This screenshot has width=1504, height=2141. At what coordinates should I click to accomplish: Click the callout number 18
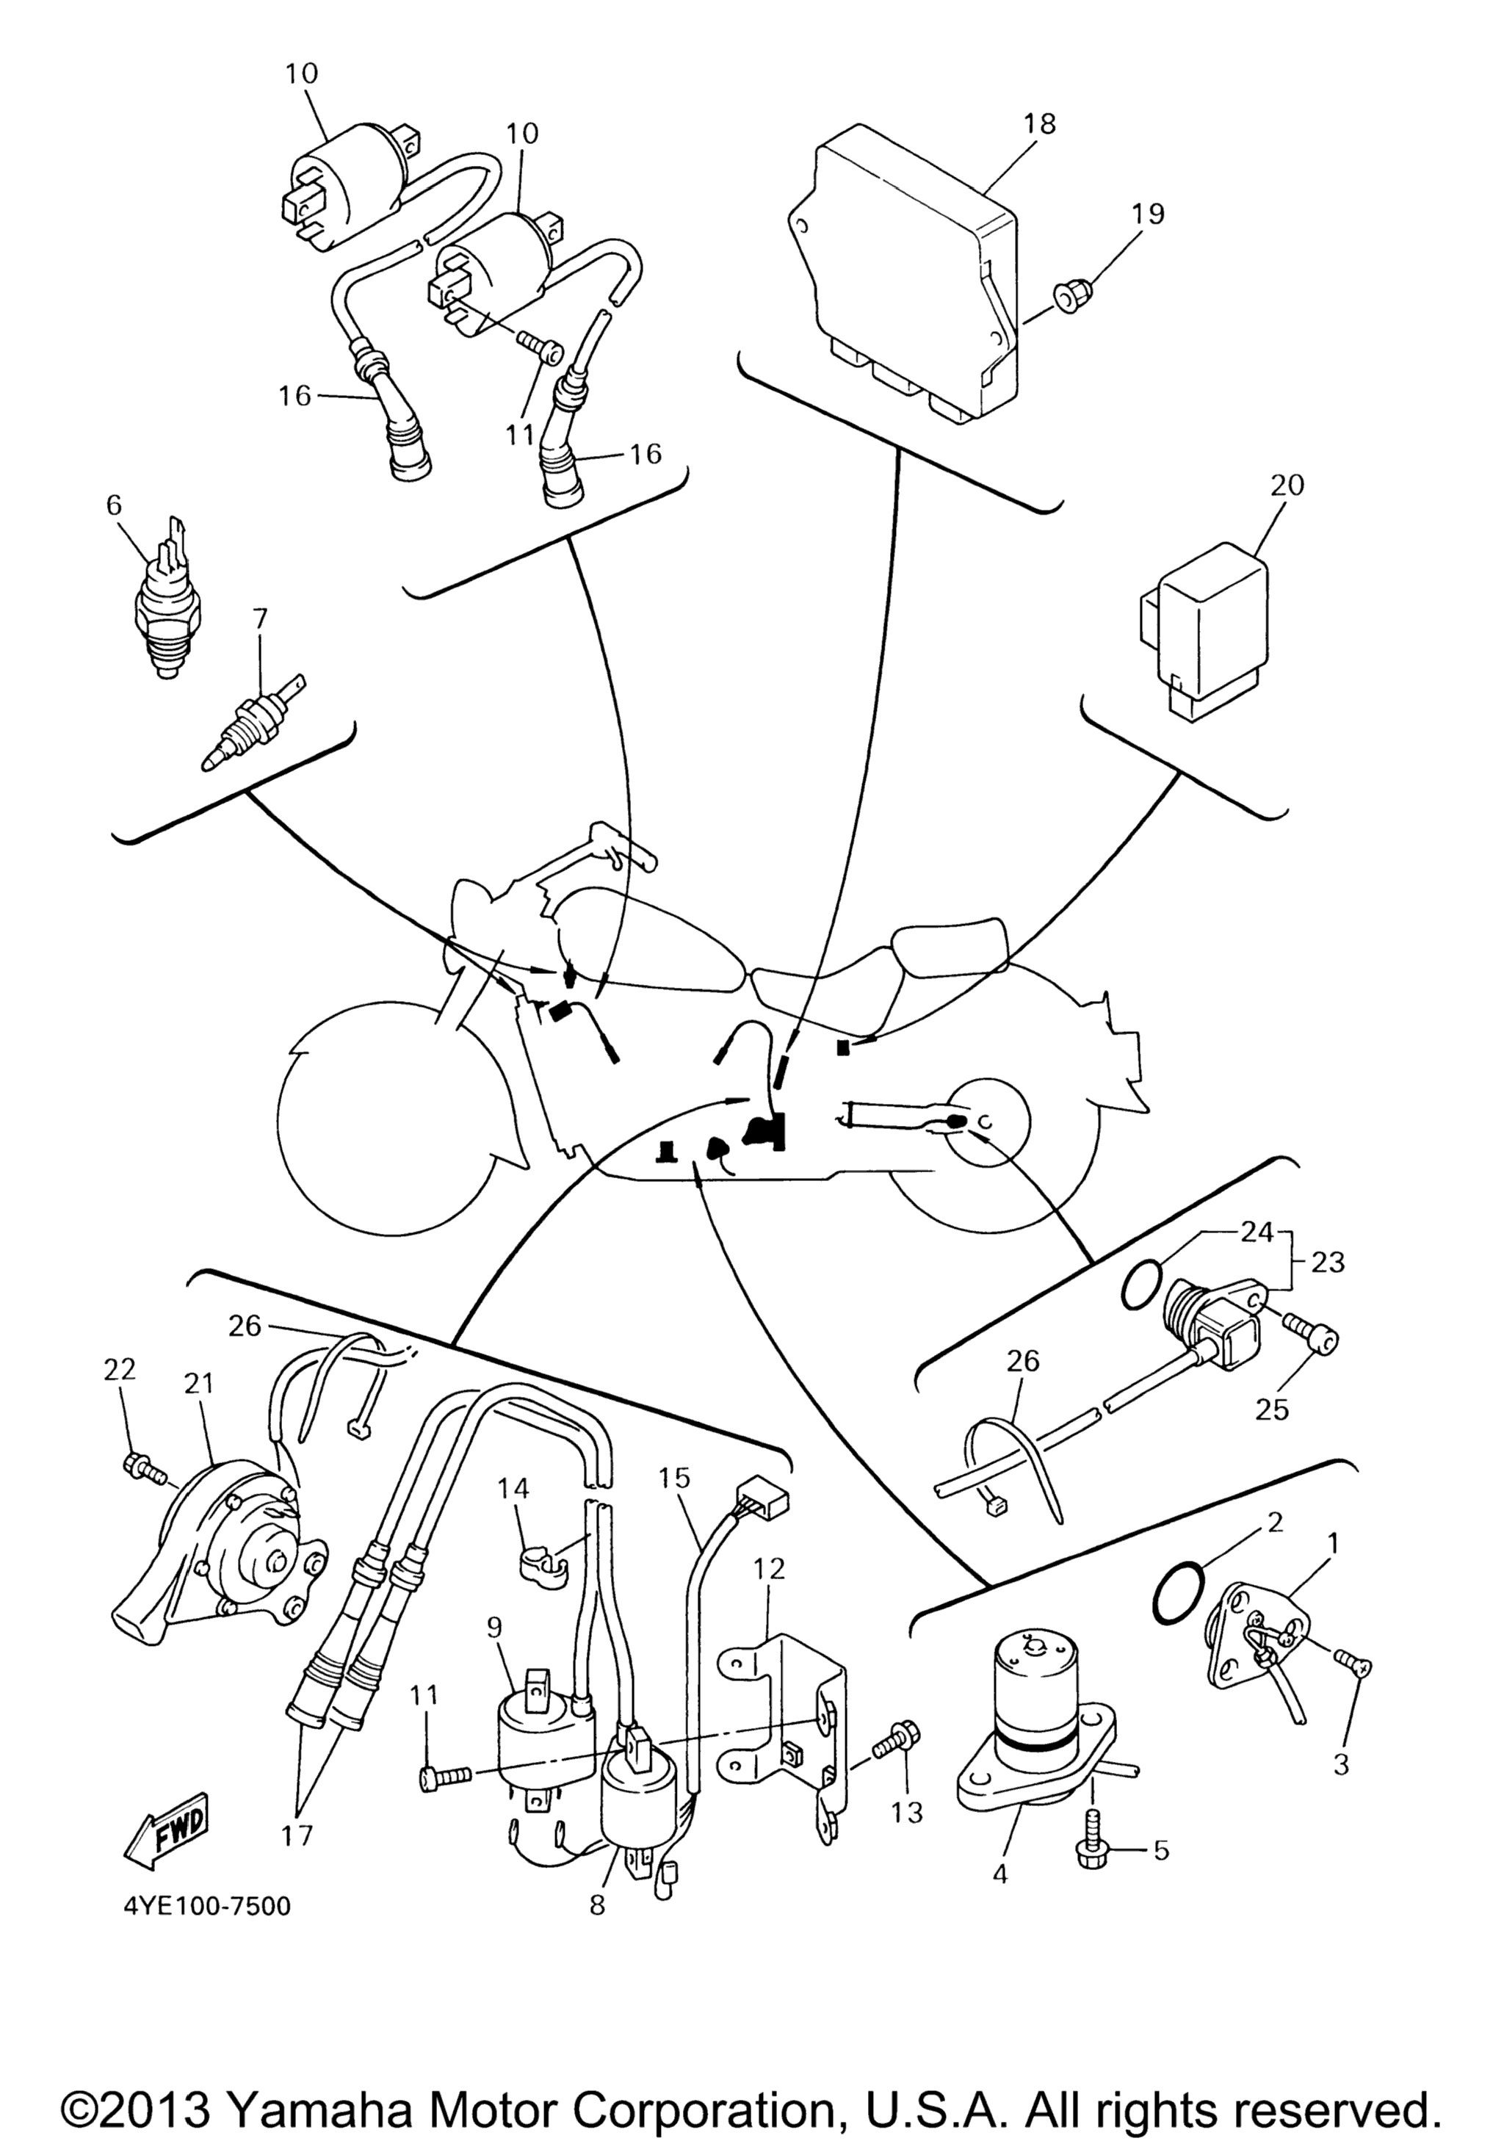click(1038, 123)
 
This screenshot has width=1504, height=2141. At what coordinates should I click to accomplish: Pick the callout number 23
click(1328, 1262)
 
